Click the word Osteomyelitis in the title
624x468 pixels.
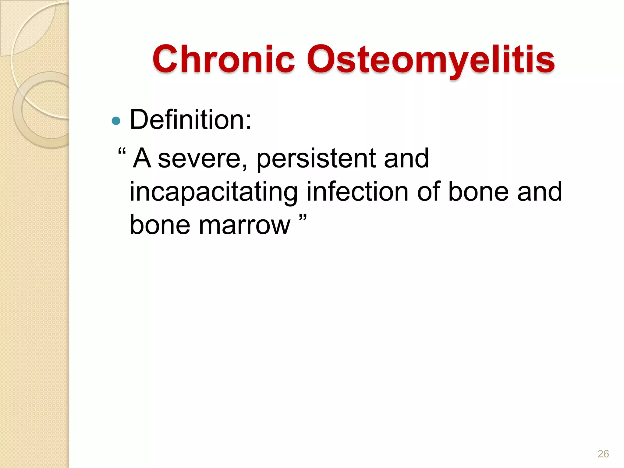(431, 60)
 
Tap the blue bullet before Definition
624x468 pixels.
(116, 121)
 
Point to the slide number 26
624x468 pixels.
(603, 454)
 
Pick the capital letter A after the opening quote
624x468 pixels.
(142, 158)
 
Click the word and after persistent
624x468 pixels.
(406, 158)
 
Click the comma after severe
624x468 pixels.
(244, 166)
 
